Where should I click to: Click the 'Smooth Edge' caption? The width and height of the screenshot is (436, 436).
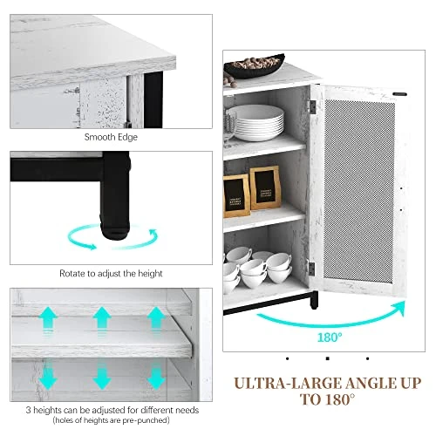tap(111, 137)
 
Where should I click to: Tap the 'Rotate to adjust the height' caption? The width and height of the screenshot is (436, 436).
tap(111, 274)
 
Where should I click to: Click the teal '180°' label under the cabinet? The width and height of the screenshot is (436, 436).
tap(330, 337)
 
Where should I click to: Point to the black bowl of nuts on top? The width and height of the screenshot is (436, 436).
tap(254, 66)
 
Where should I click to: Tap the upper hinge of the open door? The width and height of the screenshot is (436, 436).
tap(312, 106)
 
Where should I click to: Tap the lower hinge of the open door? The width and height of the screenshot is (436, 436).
tap(311, 269)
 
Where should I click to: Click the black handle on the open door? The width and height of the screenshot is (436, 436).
tap(399, 94)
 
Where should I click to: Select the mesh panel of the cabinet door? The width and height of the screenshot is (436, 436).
tap(359, 191)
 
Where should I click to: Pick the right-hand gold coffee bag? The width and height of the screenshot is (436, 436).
tap(265, 187)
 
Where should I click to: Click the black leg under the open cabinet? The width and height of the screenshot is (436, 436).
tap(314, 300)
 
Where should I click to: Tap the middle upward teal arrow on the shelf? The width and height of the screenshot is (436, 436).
tap(102, 318)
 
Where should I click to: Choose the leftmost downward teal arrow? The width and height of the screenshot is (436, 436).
tap(48, 378)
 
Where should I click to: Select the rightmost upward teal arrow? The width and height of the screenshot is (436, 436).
tap(156, 318)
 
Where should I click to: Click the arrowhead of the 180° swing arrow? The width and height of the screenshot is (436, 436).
tap(399, 308)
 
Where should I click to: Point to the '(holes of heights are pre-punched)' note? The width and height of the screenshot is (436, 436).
tap(111, 420)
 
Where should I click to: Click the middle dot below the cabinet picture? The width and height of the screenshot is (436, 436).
tap(328, 358)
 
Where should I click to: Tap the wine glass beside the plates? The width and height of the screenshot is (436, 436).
tap(230, 128)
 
